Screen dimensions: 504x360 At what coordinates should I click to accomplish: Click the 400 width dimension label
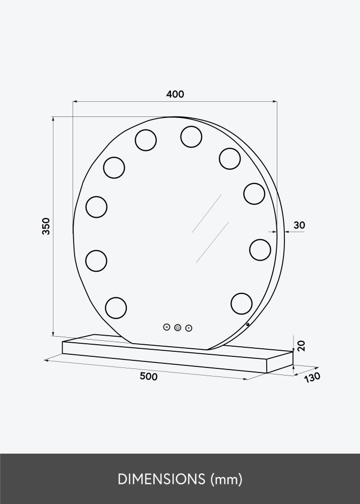(x=175, y=94)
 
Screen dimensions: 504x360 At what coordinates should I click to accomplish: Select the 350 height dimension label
(x=46, y=226)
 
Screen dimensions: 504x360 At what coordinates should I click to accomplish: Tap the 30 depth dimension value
(x=299, y=225)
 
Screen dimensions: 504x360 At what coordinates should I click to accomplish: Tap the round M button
(x=167, y=327)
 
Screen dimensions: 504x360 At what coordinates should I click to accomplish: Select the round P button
(x=189, y=328)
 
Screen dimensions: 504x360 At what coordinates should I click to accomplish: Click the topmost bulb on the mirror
(x=191, y=137)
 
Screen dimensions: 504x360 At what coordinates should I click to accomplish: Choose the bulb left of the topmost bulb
(x=145, y=140)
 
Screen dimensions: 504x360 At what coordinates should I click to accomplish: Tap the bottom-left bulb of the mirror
(x=115, y=307)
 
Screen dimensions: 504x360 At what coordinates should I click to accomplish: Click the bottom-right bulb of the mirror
(x=242, y=303)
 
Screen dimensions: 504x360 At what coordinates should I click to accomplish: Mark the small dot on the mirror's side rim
(x=248, y=325)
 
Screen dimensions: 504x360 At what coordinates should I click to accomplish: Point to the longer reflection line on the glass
(x=207, y=213)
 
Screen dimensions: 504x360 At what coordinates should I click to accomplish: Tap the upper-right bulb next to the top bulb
(x=229, y=158)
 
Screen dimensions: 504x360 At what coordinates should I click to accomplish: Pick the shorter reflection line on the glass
(x=212, y=242)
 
